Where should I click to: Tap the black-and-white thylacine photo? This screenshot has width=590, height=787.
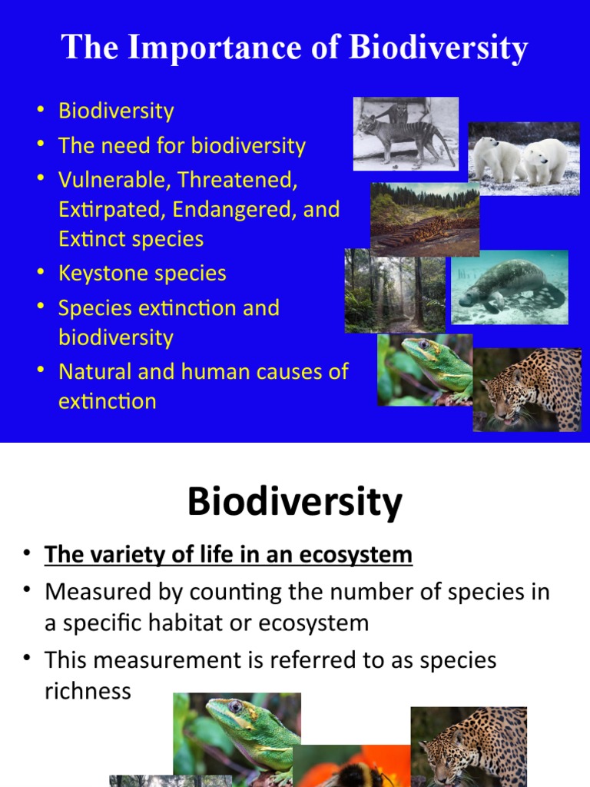click(405, 133)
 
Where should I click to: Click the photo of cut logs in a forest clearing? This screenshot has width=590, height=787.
click(425, 219)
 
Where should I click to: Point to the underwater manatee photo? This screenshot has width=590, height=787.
click(509, 287)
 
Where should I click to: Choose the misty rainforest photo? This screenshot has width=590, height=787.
click(395, 291)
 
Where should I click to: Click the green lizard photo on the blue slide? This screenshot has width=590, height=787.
click(425, 370)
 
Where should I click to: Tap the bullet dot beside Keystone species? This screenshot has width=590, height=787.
click(41, 273)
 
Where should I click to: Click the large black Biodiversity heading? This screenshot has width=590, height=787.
click(294, 503)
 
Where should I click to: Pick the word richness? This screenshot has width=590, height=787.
click(88, 691)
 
